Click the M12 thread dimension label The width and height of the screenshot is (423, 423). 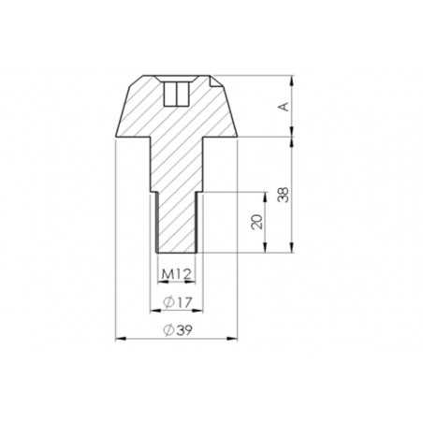click(175, 273)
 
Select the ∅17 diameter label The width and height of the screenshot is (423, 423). click(175, 301)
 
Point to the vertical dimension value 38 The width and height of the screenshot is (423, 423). click(283, 195)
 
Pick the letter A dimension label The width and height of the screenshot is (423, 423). click(283, 107)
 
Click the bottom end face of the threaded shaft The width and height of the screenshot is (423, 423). click(175, 251)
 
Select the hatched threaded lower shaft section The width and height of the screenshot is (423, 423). click(175, 220)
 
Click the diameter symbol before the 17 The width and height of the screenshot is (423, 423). click(167, 301)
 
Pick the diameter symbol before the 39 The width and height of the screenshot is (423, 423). click(167, 329)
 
